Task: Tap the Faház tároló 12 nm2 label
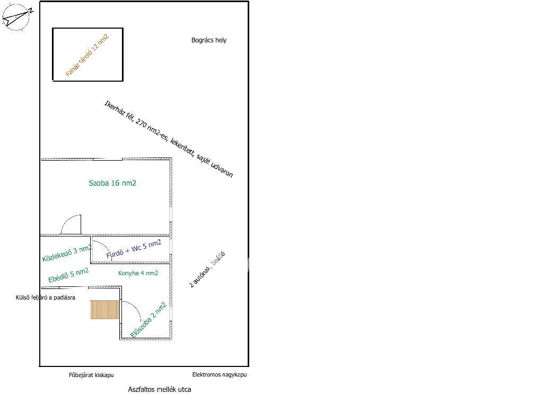pyautogui.click(x=87, y=55)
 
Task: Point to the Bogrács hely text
pyautogui.click(x=209, y=40)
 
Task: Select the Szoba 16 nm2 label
pyautogui.click(x=112, y=183)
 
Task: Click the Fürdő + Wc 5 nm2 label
pyautogui.click(x=134, y=249)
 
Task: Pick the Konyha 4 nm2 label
pyautogui.click(x=138, y=273)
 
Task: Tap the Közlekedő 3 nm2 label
pyautogui.click(x=67, y=253)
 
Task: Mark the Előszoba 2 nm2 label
pyautogui.click(x=148, y=320)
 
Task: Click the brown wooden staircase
pyautogui.click(x=104, y=310)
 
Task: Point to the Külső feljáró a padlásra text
pyautogui.click(x=46, y=298)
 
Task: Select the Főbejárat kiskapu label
pyautogui.click(x=91, y=375)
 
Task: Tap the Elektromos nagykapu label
pyautogui.click(x=220, y=375)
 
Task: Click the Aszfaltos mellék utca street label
pyautogui.click(x=160, y=390)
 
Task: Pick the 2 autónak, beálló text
pyautogui.click(x=207, y=269)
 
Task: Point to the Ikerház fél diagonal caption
pyautogui.click(x=169, y=139)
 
